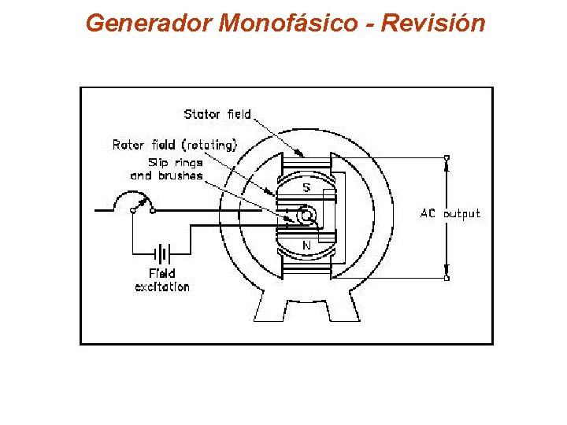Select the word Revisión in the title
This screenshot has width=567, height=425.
tap(432, 23)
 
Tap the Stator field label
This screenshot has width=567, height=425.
tap(217, 114)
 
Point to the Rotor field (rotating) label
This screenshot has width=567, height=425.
tap(174, 145)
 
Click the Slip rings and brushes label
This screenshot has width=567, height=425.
tap(166, 168)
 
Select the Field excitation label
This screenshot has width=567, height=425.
tap(162, 280)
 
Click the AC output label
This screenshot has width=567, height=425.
tap(450, 213)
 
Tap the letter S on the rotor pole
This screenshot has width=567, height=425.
tap(306, 188)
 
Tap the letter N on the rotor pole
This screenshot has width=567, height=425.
tap(306, 245)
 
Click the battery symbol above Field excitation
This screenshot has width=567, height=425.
tap(162, 253)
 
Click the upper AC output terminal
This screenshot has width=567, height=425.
tap(447, 158)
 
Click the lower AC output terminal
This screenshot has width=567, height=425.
tap(447, 277)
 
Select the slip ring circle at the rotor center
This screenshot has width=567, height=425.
tap(308, 214)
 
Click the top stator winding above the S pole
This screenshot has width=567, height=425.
tap(307, 163)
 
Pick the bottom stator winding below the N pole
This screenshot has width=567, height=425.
tap(307, 268)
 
